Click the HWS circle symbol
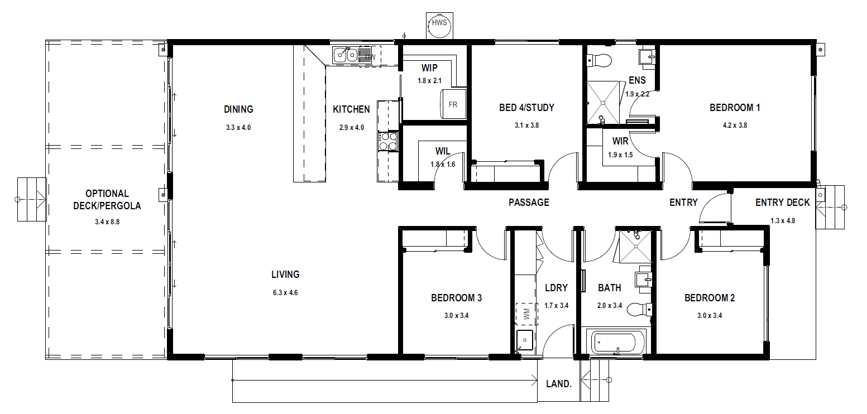coord(439,26)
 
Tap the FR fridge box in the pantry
coord(453,104)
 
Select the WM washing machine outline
coord(526,314)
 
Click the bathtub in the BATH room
coord(616,341)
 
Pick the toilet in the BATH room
coord(639,310)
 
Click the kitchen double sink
coord(346,55)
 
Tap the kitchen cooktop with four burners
coord(388,141)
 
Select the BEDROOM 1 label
coord(735,108)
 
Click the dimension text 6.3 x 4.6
coord(285,293)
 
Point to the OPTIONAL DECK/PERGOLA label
coord(107,200)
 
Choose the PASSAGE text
coord(529,203)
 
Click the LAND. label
coord(559,384)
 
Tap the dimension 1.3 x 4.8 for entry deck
coord(783,221)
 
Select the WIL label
coord(443,151)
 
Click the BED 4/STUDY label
coord(526,108)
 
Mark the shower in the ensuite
coord(602,103)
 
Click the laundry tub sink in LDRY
coord(525,340)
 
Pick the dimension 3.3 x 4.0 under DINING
coord(238,128)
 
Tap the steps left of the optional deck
coord(32,200)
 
